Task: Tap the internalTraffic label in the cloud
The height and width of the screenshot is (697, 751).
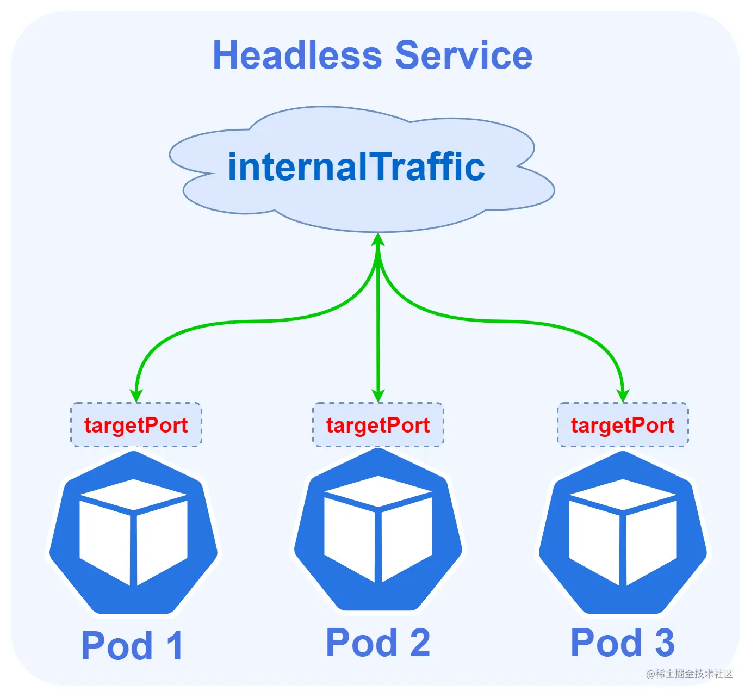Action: [356, 166]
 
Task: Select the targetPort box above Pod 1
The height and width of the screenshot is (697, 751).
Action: [136, 425]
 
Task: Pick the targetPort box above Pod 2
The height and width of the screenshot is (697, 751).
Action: [378, 425]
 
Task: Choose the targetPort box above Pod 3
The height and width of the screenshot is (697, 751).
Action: [623, 425]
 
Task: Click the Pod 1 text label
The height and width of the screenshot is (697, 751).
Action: [132, 646]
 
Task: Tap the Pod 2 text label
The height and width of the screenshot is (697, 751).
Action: [378, 643]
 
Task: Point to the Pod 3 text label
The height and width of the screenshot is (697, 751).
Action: [623, 643]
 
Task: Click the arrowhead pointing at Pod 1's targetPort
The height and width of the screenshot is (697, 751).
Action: [136, 396]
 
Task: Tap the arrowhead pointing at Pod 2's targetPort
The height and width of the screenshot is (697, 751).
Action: [378, 396]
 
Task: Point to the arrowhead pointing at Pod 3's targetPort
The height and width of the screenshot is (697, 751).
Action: [623, 396]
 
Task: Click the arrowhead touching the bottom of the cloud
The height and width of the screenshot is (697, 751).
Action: [378, 240]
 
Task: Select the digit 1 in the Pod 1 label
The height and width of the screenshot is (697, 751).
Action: [174, 646]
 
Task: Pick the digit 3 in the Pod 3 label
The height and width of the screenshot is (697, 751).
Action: [665, 643]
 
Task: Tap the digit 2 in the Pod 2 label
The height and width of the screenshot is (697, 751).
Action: [419, 643]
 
